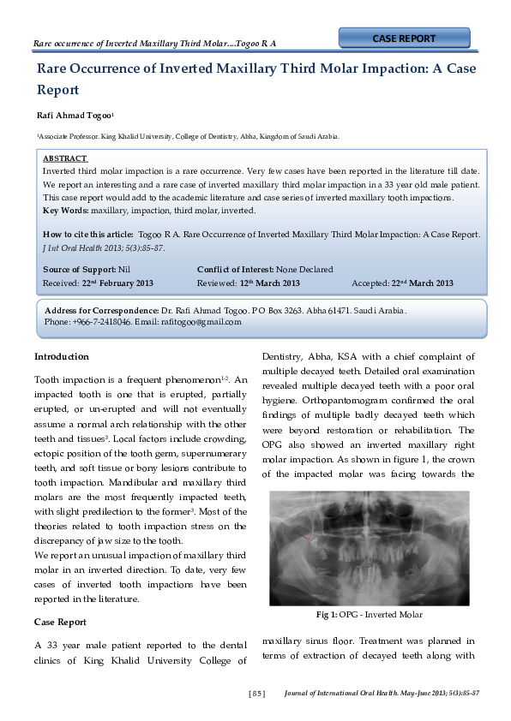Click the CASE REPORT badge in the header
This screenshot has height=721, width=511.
point(404,39)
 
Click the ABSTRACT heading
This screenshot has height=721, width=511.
point(65,158)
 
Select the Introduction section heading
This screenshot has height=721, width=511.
point(61,356)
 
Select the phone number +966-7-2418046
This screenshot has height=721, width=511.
point(99,322)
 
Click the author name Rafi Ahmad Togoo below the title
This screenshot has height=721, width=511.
point(76,114)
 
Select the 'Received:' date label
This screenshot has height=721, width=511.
point(61,283)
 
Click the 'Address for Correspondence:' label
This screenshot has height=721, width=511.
point(101,310)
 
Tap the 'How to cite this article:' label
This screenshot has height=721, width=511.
point(88,234)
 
